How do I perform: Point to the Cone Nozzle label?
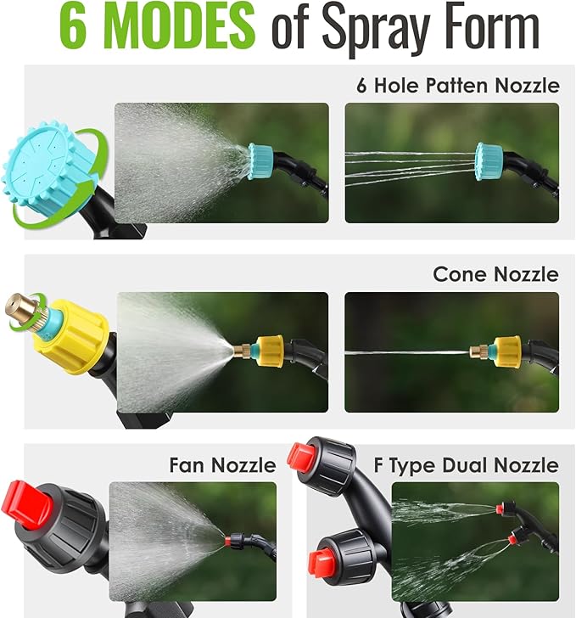coord(495,274)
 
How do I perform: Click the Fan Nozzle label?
coord(222,465)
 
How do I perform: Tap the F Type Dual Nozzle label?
coord(466,465)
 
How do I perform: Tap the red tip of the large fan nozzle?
coord(25,503)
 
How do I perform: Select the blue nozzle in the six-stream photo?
coord(489,157)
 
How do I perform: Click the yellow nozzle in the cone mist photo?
coord(270,347)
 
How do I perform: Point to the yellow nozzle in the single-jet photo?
coord(506,349)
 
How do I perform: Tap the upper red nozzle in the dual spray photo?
coord(502,508)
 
